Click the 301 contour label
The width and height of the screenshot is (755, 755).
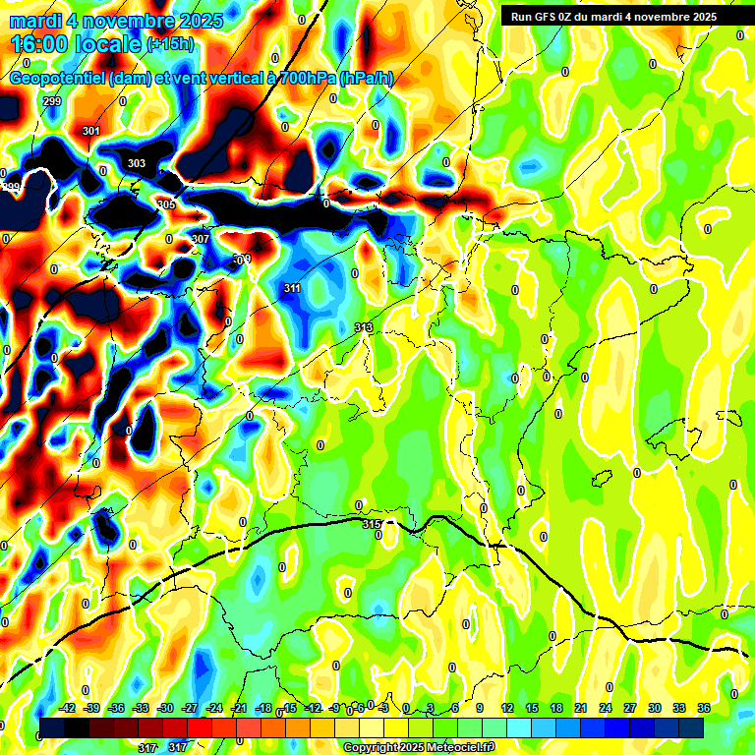click(x=91, y=131)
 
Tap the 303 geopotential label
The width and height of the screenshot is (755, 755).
click(x=137, y=163)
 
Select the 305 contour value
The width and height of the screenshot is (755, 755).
click(x=166, y=204)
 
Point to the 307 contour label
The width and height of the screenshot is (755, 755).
click(x=201, y=239)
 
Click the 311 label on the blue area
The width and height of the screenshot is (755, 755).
click(x=292, y=288)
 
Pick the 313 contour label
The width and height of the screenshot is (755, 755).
click(x=364, y=327)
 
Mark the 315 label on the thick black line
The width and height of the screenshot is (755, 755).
click(x=371, y=525)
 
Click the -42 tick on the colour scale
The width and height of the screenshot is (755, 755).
click(x=68, y=708)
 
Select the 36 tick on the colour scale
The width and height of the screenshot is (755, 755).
click(x=704, y=708)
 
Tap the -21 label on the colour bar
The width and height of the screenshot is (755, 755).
click(x=239, y=708)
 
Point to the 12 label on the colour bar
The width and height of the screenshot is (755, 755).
click(x=507, y=708)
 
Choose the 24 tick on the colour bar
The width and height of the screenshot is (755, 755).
click(x=606, y=708)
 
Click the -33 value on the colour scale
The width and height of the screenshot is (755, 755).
click(x=142, y=708)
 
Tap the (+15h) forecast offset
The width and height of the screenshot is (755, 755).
click(x=170, y=44)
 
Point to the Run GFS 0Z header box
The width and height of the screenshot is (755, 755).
click(x=613, y=17)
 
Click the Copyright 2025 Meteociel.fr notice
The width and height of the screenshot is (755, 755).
click(x=419, y=747)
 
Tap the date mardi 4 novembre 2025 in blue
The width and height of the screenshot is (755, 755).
click(x=116, y=21)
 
